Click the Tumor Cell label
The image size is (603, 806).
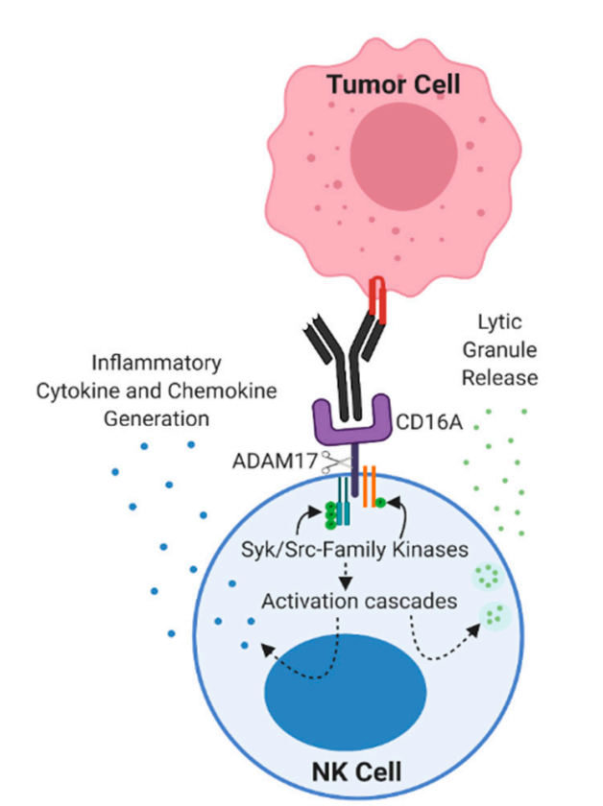coord(394,84)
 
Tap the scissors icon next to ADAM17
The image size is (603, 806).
coord(334,464)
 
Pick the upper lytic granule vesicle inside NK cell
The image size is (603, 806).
coord(488,578)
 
